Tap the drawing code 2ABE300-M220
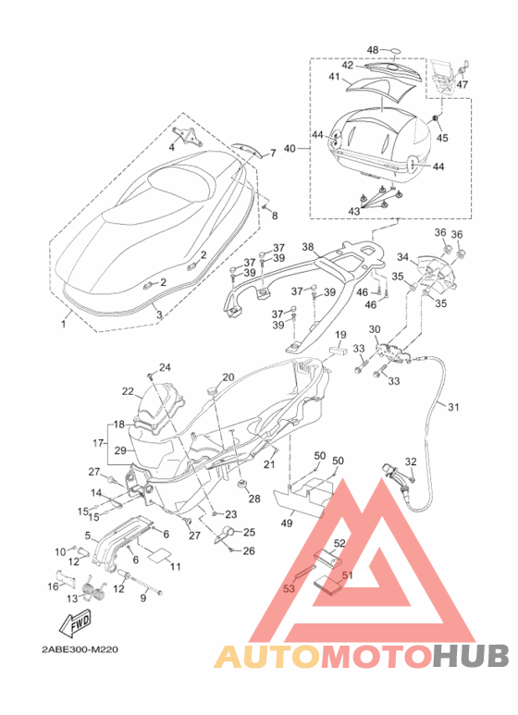(80, 649)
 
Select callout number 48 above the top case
(373, 50)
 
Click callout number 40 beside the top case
(290, 149)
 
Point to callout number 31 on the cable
(453, 406)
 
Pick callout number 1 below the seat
(64, 325)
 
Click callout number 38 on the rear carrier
(308, 247)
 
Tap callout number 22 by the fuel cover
(129, 391)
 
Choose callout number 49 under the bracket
(287, 524)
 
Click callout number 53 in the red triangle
(290, 588)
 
